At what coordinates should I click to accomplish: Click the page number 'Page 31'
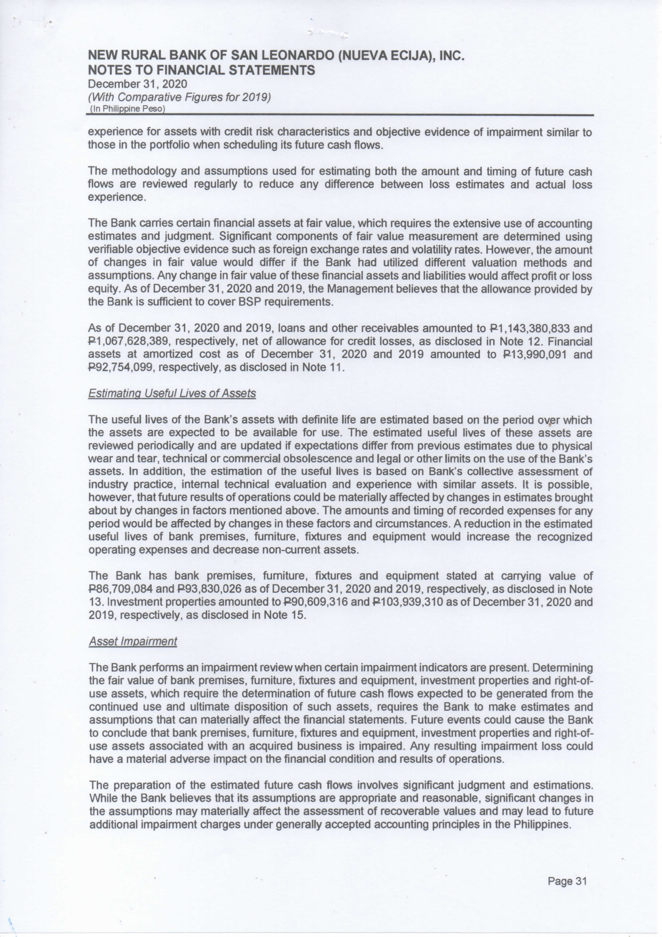click(x=567, y=881)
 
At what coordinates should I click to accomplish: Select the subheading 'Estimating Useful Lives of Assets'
click(x=172, y=393)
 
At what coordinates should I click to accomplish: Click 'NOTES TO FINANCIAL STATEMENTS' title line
click(x=201, y=70)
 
